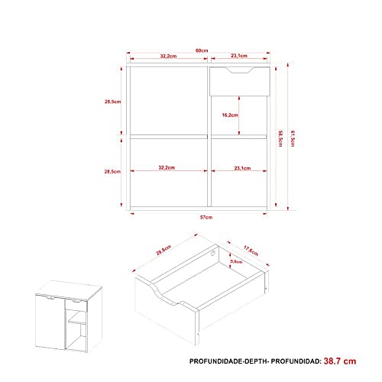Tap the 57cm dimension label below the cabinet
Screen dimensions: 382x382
pyautogui.click(x=201, y=218)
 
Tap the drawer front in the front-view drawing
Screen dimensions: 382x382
pyautogui.click(x=238, y=82)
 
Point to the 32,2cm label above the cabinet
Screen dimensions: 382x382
pyautogui.click(x=169, y=56)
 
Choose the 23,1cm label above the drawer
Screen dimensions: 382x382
pyautogui.click(x=238, y=56)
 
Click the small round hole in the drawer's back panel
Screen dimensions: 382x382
pyautogui.click(x=213, y=252)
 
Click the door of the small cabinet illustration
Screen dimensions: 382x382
pyautogui.click(x=49, y=325)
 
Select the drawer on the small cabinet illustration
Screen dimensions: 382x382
pyautogui.click(x=76, y=305)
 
